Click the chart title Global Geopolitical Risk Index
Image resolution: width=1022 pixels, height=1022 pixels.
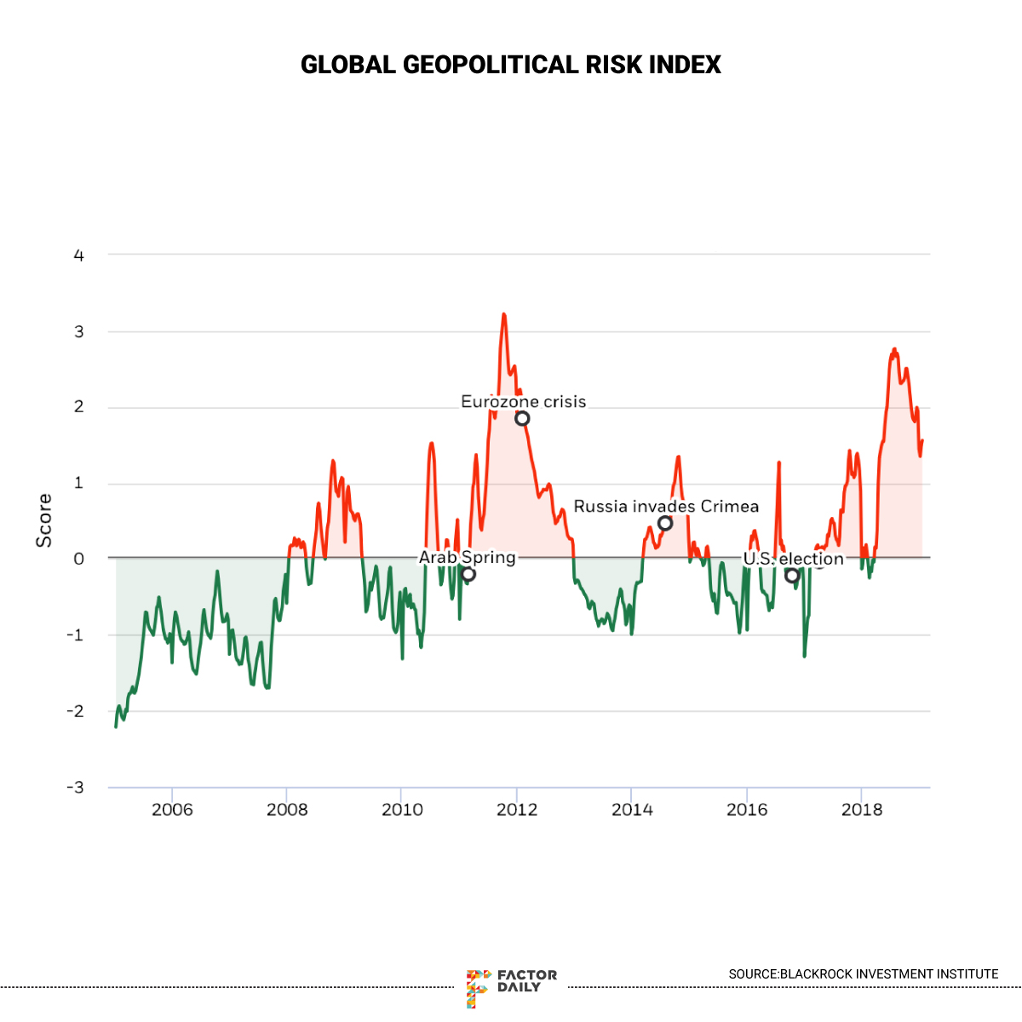pos(511,65)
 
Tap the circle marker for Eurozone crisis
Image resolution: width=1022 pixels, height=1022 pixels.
pos(522,418)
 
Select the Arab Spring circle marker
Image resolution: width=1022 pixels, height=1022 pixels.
pos(468,574)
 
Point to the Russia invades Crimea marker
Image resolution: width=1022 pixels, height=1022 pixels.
pos(665,523)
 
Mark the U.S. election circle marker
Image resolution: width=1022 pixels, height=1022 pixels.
pos(792,576)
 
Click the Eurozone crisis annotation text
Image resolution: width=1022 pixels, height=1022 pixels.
pos(523,401)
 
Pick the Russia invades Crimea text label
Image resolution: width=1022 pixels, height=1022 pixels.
pos(666,507)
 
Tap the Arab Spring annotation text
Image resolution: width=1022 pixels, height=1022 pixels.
pos(467,557)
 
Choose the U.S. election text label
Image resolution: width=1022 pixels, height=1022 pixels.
pos(793,559)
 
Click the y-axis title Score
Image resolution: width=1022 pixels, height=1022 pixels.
pos(43,520)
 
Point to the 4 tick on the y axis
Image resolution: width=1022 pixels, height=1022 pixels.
pos(79,255)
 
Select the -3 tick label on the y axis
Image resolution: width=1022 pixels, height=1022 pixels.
pos(76,787)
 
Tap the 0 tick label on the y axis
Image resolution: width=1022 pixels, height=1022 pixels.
pos(79,559)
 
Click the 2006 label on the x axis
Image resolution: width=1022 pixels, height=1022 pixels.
pos(172,809)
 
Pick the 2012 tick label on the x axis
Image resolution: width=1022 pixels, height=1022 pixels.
pos(517,809)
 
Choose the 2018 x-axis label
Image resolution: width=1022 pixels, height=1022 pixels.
pos(862,809)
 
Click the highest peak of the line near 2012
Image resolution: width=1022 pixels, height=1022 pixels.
pos(503,314)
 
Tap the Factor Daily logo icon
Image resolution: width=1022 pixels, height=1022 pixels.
pos(478,988)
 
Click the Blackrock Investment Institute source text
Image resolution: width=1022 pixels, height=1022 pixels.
pos(863,973)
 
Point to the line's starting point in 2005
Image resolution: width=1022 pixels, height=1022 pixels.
pos(116,726)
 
